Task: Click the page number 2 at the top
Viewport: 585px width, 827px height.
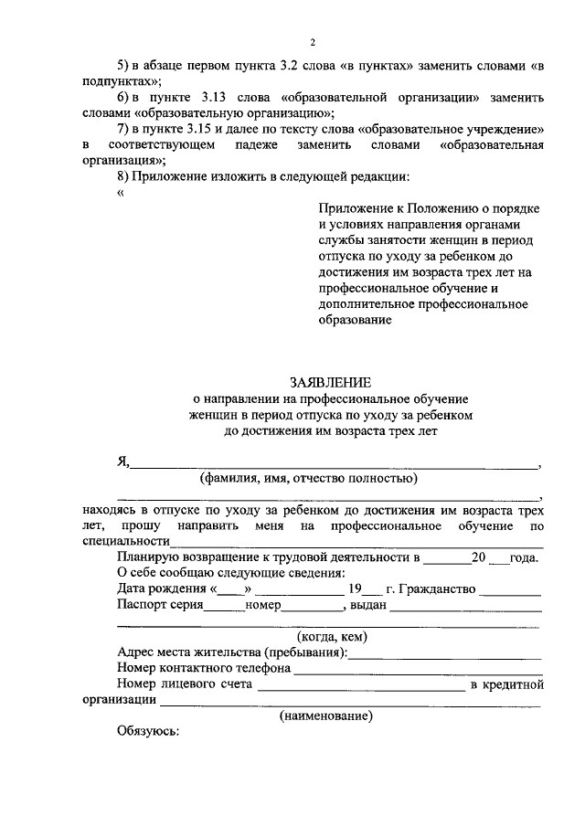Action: (312, 43)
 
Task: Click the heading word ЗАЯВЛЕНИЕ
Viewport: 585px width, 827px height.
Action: (332, 382)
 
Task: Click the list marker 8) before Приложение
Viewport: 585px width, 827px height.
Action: (126, 175)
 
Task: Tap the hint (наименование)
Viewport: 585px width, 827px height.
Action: (326, 716)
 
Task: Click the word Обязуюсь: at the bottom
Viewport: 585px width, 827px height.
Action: (149, 732)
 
